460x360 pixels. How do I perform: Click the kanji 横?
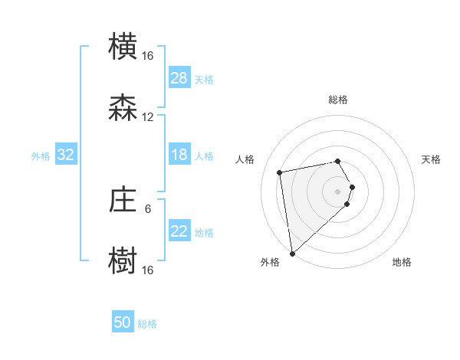pyautogui.click(x=123, y=47)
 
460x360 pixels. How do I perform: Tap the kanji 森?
pyautogui.click(x=123, y=108)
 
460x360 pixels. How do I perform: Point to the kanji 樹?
pyautogui.click(x=123, y=260)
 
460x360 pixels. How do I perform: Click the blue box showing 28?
pyautogui.click(x=179, y=78)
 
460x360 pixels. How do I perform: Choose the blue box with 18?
pyautogui.click(x=179, y=155)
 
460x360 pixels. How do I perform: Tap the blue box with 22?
pyautogui.click(x=179, y=232)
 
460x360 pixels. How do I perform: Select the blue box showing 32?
pyautogui.click(x=66, y=155)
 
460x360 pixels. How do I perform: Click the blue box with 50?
pyautogui.click(x=123, y=323)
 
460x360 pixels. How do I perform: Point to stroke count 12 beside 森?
pyautogui.click(x=148, y=117)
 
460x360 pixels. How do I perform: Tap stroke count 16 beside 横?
pyautogui.click(x=148, y=56)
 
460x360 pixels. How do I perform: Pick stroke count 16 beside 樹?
pyautogui.click(x=148, y=270)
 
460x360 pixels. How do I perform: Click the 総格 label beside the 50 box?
pyautogui.click(x=147, y=324)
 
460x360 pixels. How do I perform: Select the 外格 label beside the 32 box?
pyautogui.click(x=41, y=156)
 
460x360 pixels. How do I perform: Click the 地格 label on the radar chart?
pyautogui.click(x=402, y=263)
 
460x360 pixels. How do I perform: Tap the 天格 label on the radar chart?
pyautogui.click(x=431, y=159)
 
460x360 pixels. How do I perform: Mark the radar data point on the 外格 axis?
pyautogui.click(x=292, y=253)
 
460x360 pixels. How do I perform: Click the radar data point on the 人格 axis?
pyautogui.click(x=280, y=172)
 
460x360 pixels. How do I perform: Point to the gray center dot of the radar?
pyautogui.click(x=337, y=191)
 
